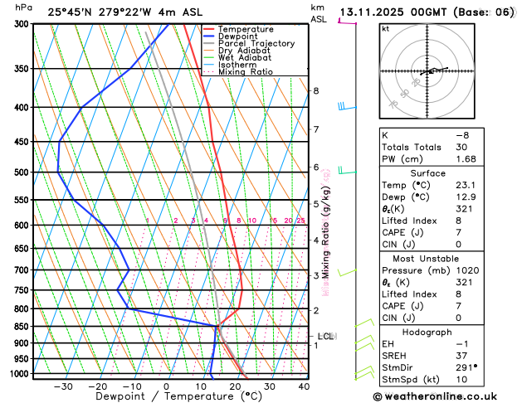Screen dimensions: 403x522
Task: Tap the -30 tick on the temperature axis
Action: pos(63,386)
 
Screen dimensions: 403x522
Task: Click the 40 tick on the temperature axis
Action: pos(304,386)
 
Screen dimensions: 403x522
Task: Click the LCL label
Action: pos(325,337)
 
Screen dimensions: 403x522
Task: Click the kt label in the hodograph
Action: pos(385,29)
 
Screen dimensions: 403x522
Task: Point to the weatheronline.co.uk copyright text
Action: pos(446,396)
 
